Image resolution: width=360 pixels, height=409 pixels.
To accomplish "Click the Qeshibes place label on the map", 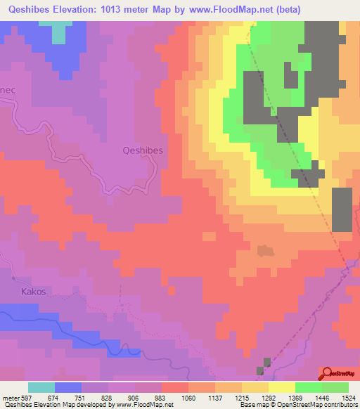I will pyautogui.click(x=143, y=150).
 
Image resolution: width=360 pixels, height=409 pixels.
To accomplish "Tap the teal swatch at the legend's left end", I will pyautogui.click(x=41, y=387).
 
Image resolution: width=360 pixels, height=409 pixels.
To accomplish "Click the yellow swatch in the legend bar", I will pyautogui.click(x=281, y=387).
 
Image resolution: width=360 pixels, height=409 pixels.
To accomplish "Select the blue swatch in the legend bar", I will pyautogui.click(x=68, y=387).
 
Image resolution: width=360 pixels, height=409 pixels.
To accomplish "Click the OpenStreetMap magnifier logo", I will pyautogui.click(x=328, y=372).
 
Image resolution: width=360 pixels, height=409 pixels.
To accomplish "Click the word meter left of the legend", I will pyautogui.click(x=11, y=398).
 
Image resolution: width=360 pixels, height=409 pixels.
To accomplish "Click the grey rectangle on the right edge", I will pyautogui.click(x=342, y=209).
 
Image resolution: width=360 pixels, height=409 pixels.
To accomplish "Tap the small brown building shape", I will pyautogui.click(x=264, y=250).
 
